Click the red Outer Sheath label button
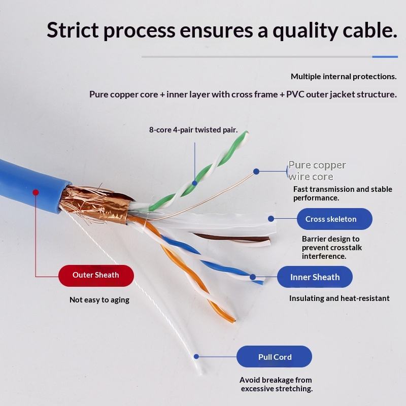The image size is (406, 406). click(x=96, y=276)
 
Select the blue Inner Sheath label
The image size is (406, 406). click(x=315, y=277)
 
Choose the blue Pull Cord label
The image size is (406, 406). click(x=275, y=357)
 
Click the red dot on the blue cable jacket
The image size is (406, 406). click(x=36, y=192)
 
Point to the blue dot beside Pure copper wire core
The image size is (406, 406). click(x=256, y=172)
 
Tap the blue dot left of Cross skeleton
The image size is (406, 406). click(x=271, y=219)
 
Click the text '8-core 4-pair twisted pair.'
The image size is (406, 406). click(x=193, y=130)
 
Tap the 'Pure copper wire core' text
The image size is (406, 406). click(x=317, y=171)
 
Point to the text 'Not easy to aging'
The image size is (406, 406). click(x=99, y=300)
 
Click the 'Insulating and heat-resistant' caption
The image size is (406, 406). click(x=340, y=298)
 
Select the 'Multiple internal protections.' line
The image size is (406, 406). click(x=344, y=77)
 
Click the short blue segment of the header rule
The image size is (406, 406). click(x=385, y=57)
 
